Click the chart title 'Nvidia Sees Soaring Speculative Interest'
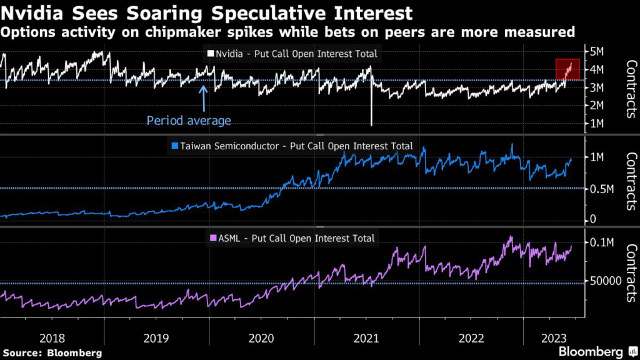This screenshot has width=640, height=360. (x=207, y=12)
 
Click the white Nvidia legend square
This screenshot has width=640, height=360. (x=210, y=54)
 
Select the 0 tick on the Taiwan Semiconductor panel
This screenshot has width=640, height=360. (x=593, y=219)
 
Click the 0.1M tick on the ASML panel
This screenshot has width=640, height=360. (x=605, y=242)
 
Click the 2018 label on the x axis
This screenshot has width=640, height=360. (x=52, y=338)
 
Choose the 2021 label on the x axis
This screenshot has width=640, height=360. (x=367, y=338)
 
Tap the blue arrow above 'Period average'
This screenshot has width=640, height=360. (x=203, y=97)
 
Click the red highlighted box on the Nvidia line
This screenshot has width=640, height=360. (x=568, y=69)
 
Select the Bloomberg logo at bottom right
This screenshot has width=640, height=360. (x=591, y=351)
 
